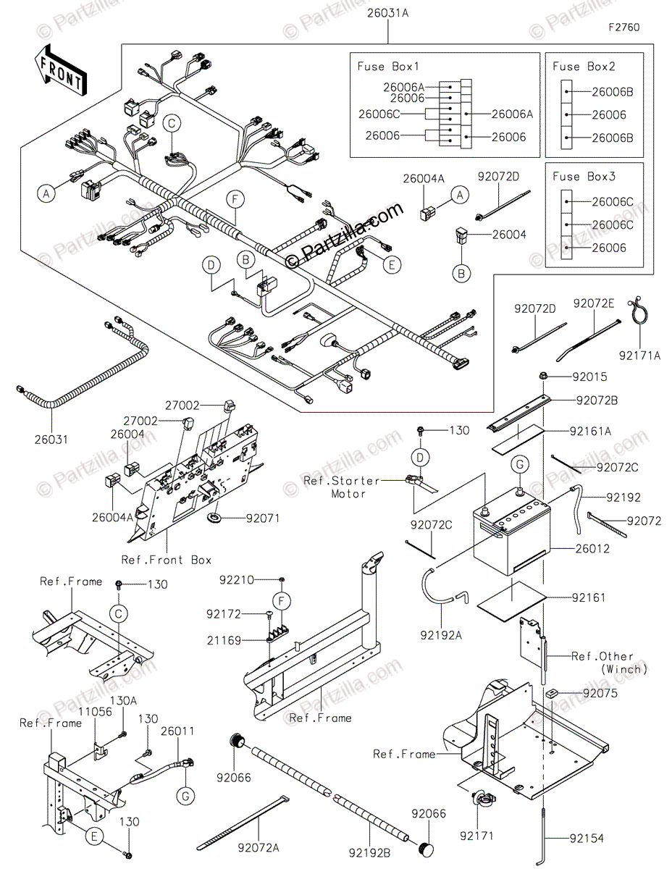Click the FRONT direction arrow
(60, 70)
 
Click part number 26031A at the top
(387, 14)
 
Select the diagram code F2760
(624, 28)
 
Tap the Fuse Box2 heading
(584, 67)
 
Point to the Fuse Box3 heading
(584, 177)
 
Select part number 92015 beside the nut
(589, 377)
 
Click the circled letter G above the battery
(520, 465)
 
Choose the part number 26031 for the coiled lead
(51, 440)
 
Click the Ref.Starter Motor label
(341, 487)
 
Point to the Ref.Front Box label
(167, 560)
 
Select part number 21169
(224, 641)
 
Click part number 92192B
(369, 853)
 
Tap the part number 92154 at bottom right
(587, 838)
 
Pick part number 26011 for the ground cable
(177, 731)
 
